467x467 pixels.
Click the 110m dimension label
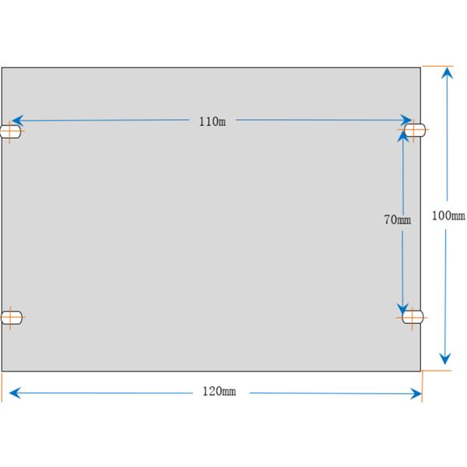click(x=212, y=121)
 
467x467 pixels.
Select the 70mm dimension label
click(x=397, y=219)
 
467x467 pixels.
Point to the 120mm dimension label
click(x=219, y=392)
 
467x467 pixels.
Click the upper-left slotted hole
click(x=11, y=132)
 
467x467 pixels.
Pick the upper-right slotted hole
click(x=414, y=130)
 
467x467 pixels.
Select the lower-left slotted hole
click(x=11, y=317)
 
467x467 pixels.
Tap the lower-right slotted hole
click(x=412, y=316)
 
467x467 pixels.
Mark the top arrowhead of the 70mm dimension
click(x=403, y=134)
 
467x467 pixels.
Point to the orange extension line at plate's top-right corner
click(x=436, y=66)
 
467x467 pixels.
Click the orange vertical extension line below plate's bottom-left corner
click(x=2, y=385)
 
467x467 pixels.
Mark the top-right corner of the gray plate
click(x=420, y=68)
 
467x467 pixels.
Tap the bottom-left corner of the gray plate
click(x=2, y=370)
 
